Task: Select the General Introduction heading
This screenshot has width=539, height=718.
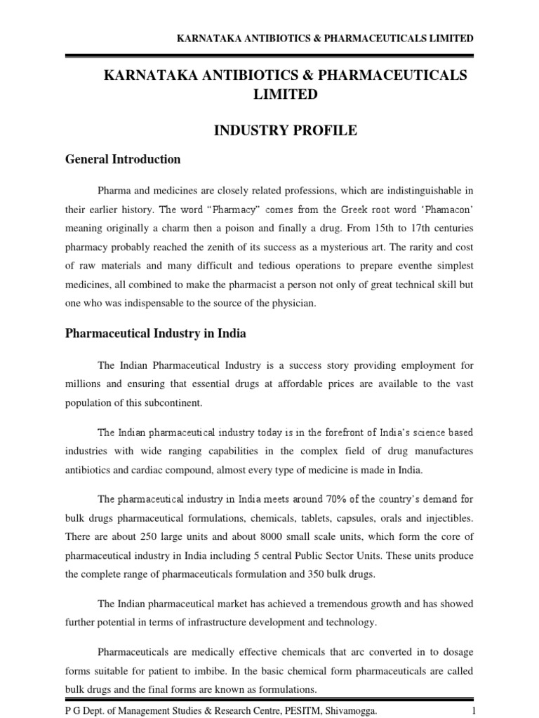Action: click(123, 159)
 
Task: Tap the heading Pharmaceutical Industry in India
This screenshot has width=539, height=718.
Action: click(156, 334)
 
